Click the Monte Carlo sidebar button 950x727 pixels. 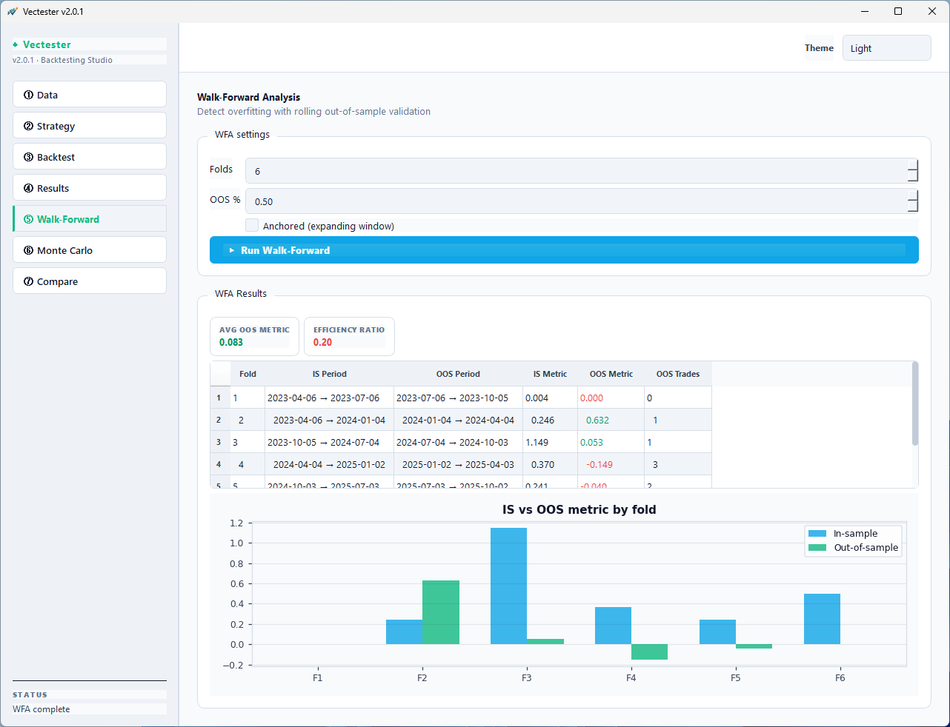pyautogui.click(x=89, y=250)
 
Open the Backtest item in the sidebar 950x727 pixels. pyautogui.click(x=89, y=157)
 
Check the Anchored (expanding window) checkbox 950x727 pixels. pyautogui.click(x=252, y=226)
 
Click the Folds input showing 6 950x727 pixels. pyautogui.click(x=575, y=171)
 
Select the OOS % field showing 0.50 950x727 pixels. pyautogui.click(x=575, y=201)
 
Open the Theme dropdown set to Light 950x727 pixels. pyautogui.click(x=886, y=48)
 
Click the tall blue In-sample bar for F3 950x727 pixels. pyautogui.click(x=508, y=585)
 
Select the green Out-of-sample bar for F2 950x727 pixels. pyautogui.click(x=441, y=612)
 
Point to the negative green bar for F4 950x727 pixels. pyautogui.click(x=649, y=651)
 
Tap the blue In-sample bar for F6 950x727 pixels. pyautogui.click(x=822, y=619)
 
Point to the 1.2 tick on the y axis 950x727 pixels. pyautogui.click(x=236, y=523)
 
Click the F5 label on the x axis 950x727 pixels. pyautogui.click(x=735, y=677)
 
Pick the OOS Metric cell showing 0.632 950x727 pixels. pyautogui.click(x=597, y=420)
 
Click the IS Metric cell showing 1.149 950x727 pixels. pyautogui.click(x=537, y=442)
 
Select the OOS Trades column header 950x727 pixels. pyautogui.click(x=677, y=374)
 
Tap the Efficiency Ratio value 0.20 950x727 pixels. pyautogui.click(x=322, y=342)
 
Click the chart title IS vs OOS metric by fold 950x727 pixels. pyautogui.click(x=579, y=509)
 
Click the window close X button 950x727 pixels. pyautogui.click(x=932, y=11)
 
